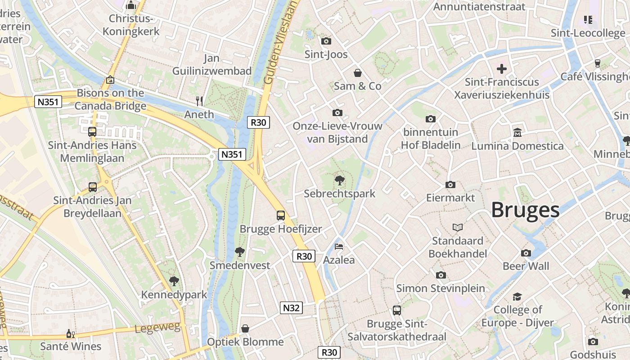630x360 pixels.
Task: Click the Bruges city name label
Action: (525, 210)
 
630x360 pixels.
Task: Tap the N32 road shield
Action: (292, 308)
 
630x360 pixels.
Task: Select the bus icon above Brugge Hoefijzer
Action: (281, 215)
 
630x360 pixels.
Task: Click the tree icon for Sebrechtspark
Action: (340, 180)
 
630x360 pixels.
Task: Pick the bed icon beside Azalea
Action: (339, 247)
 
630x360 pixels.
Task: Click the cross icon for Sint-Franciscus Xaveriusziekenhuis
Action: (502, 69)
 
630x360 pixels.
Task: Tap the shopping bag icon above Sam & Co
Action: (358, 72)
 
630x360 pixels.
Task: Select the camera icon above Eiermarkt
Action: (450, 184)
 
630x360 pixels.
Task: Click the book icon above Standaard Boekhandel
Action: (458, 227)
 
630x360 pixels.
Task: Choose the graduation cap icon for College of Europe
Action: (517, 297)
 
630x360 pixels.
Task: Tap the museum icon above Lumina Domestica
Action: (517, 133)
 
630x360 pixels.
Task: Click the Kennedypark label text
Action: (174, 295)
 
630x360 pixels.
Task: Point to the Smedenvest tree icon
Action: (240, 252)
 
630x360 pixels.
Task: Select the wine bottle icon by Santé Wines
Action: (71, 333)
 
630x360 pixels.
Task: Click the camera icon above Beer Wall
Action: (526, 253)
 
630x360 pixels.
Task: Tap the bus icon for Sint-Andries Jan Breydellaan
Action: (93, 187)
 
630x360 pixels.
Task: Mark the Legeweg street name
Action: (157, 328)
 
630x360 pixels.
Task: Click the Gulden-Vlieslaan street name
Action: (281, 43)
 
